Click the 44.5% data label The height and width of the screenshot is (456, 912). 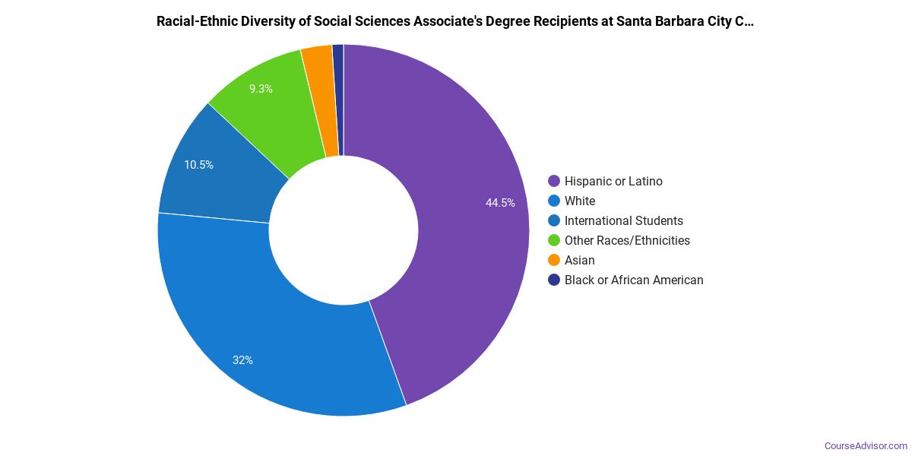500,203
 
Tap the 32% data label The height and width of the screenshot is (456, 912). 242,360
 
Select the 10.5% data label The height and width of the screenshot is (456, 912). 198,164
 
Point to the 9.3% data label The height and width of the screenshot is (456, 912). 261,89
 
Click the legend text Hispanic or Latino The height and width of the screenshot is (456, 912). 613,181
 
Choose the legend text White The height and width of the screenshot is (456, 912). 580,201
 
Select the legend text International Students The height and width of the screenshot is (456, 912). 623,220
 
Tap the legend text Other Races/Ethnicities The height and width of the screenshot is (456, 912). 627,240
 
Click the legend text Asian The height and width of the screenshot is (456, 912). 579,260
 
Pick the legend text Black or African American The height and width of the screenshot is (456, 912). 634,280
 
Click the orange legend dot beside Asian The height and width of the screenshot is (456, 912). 554,260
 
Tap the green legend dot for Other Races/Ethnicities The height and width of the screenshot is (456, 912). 554,240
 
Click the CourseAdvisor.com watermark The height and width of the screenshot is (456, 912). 866,445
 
